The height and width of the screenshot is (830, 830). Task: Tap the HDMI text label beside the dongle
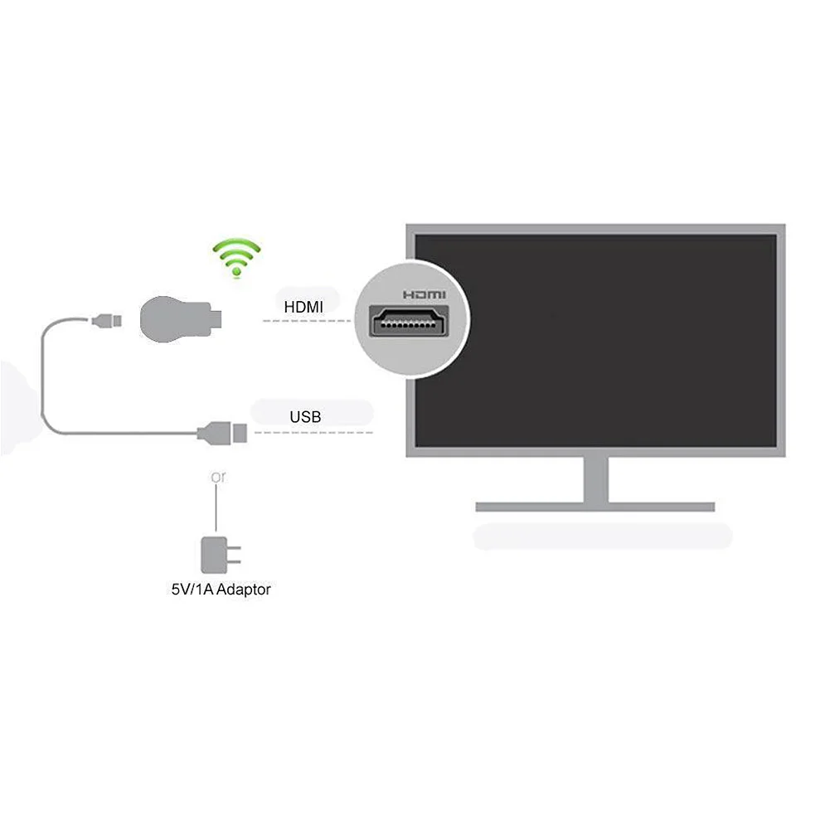[x=303, y=308]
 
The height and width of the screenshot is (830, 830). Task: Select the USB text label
[x=305, y=417]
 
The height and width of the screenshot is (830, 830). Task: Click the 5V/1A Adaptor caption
[x=216, y=590]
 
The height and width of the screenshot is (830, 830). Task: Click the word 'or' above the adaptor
[x=217, y=477]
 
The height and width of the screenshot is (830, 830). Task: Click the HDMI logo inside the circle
[x=424, y=294]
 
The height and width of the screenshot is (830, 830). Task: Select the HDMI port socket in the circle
[x=411, y=322]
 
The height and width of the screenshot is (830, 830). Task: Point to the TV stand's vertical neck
[x=595, y=478]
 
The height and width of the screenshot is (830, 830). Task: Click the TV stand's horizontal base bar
[x=595, y=506]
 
